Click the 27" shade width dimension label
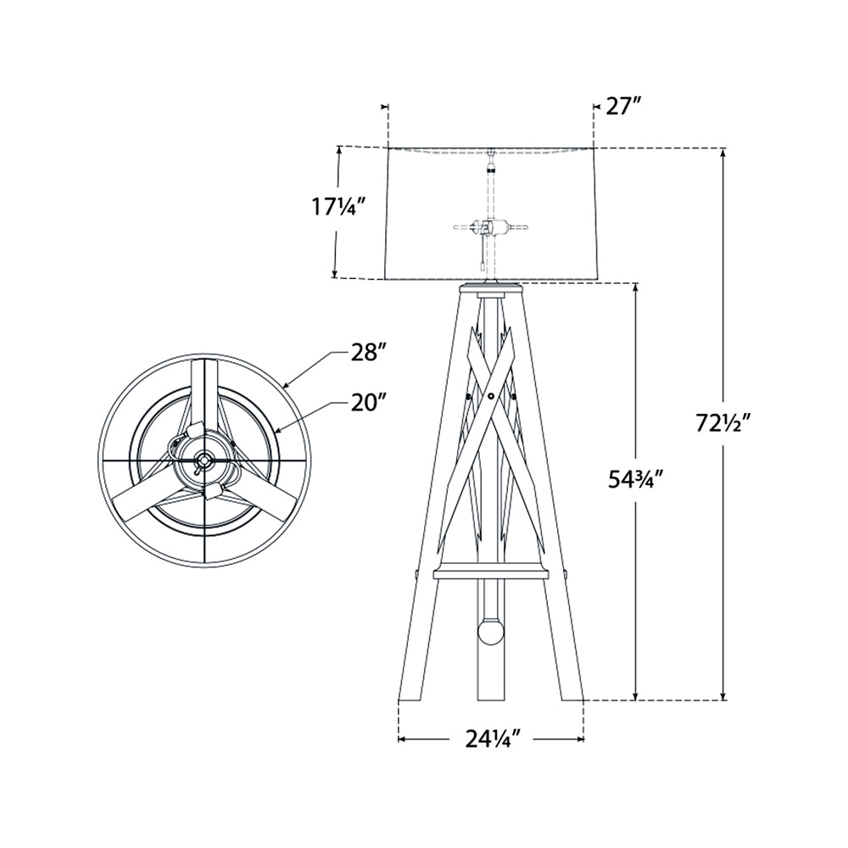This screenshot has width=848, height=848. (623, 107)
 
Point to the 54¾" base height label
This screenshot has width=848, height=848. (634, 480)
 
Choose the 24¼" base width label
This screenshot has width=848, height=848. (493, 739)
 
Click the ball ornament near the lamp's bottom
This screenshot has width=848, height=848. (490, 633)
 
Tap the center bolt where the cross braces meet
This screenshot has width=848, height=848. (490, 396)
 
